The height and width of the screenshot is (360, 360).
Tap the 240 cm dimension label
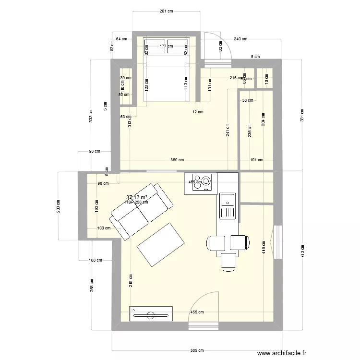[x=240, y=39]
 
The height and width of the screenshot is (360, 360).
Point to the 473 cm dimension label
[x=302, y=251]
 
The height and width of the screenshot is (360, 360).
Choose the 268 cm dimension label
[x=91, y=286]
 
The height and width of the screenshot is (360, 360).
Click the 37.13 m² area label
[x=136, y=197]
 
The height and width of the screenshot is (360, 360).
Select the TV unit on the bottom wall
[x=151, y=314]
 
